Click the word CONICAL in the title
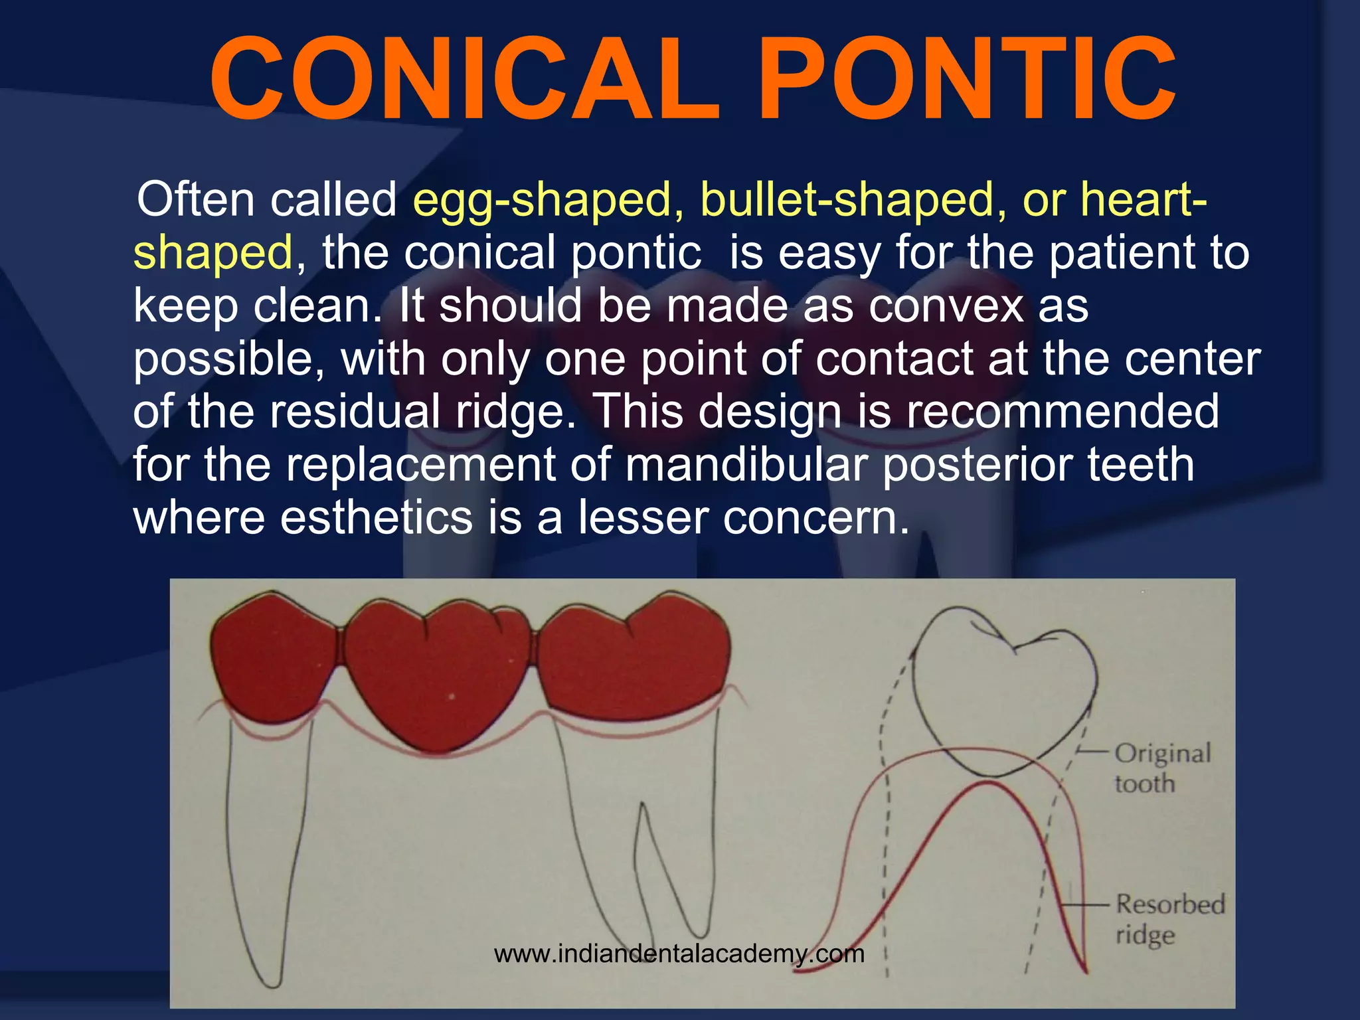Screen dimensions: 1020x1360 pyautogui.click(x=465, y=80)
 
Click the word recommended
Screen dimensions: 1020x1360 pyautogui.click(x=1062, y=411)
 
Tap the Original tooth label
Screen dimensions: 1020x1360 pyautogui.click(x=1162, y=768)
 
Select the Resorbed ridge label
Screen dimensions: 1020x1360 pyautogui.click(x=1169, y=919)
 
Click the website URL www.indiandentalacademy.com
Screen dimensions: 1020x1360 pyautogui.click(x=679, y=954)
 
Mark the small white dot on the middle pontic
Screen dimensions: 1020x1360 pyautogui.click(x=452, y=696)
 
